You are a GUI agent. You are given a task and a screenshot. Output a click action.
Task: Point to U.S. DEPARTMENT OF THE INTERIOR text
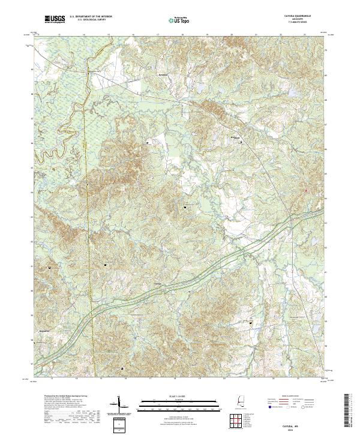point(91,17)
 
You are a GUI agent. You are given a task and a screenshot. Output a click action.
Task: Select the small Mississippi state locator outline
point(241,402)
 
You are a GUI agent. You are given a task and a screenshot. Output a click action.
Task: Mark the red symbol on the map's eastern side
point(306,190)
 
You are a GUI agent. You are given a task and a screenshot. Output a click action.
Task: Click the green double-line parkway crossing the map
point(198,270)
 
